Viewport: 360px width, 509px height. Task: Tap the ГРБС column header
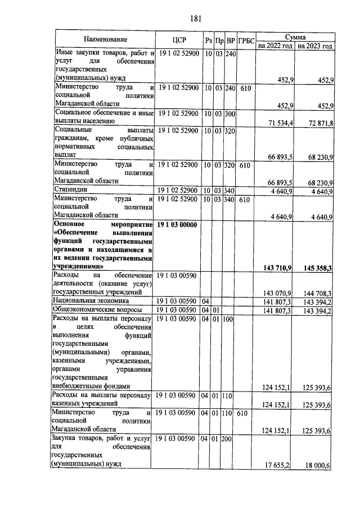(246, 40)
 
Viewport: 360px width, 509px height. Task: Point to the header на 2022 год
(275, 46)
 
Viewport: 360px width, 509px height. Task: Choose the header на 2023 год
(315, 46)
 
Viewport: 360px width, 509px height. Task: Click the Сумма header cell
(295, 35)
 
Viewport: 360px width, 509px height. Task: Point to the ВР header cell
(229, 40)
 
